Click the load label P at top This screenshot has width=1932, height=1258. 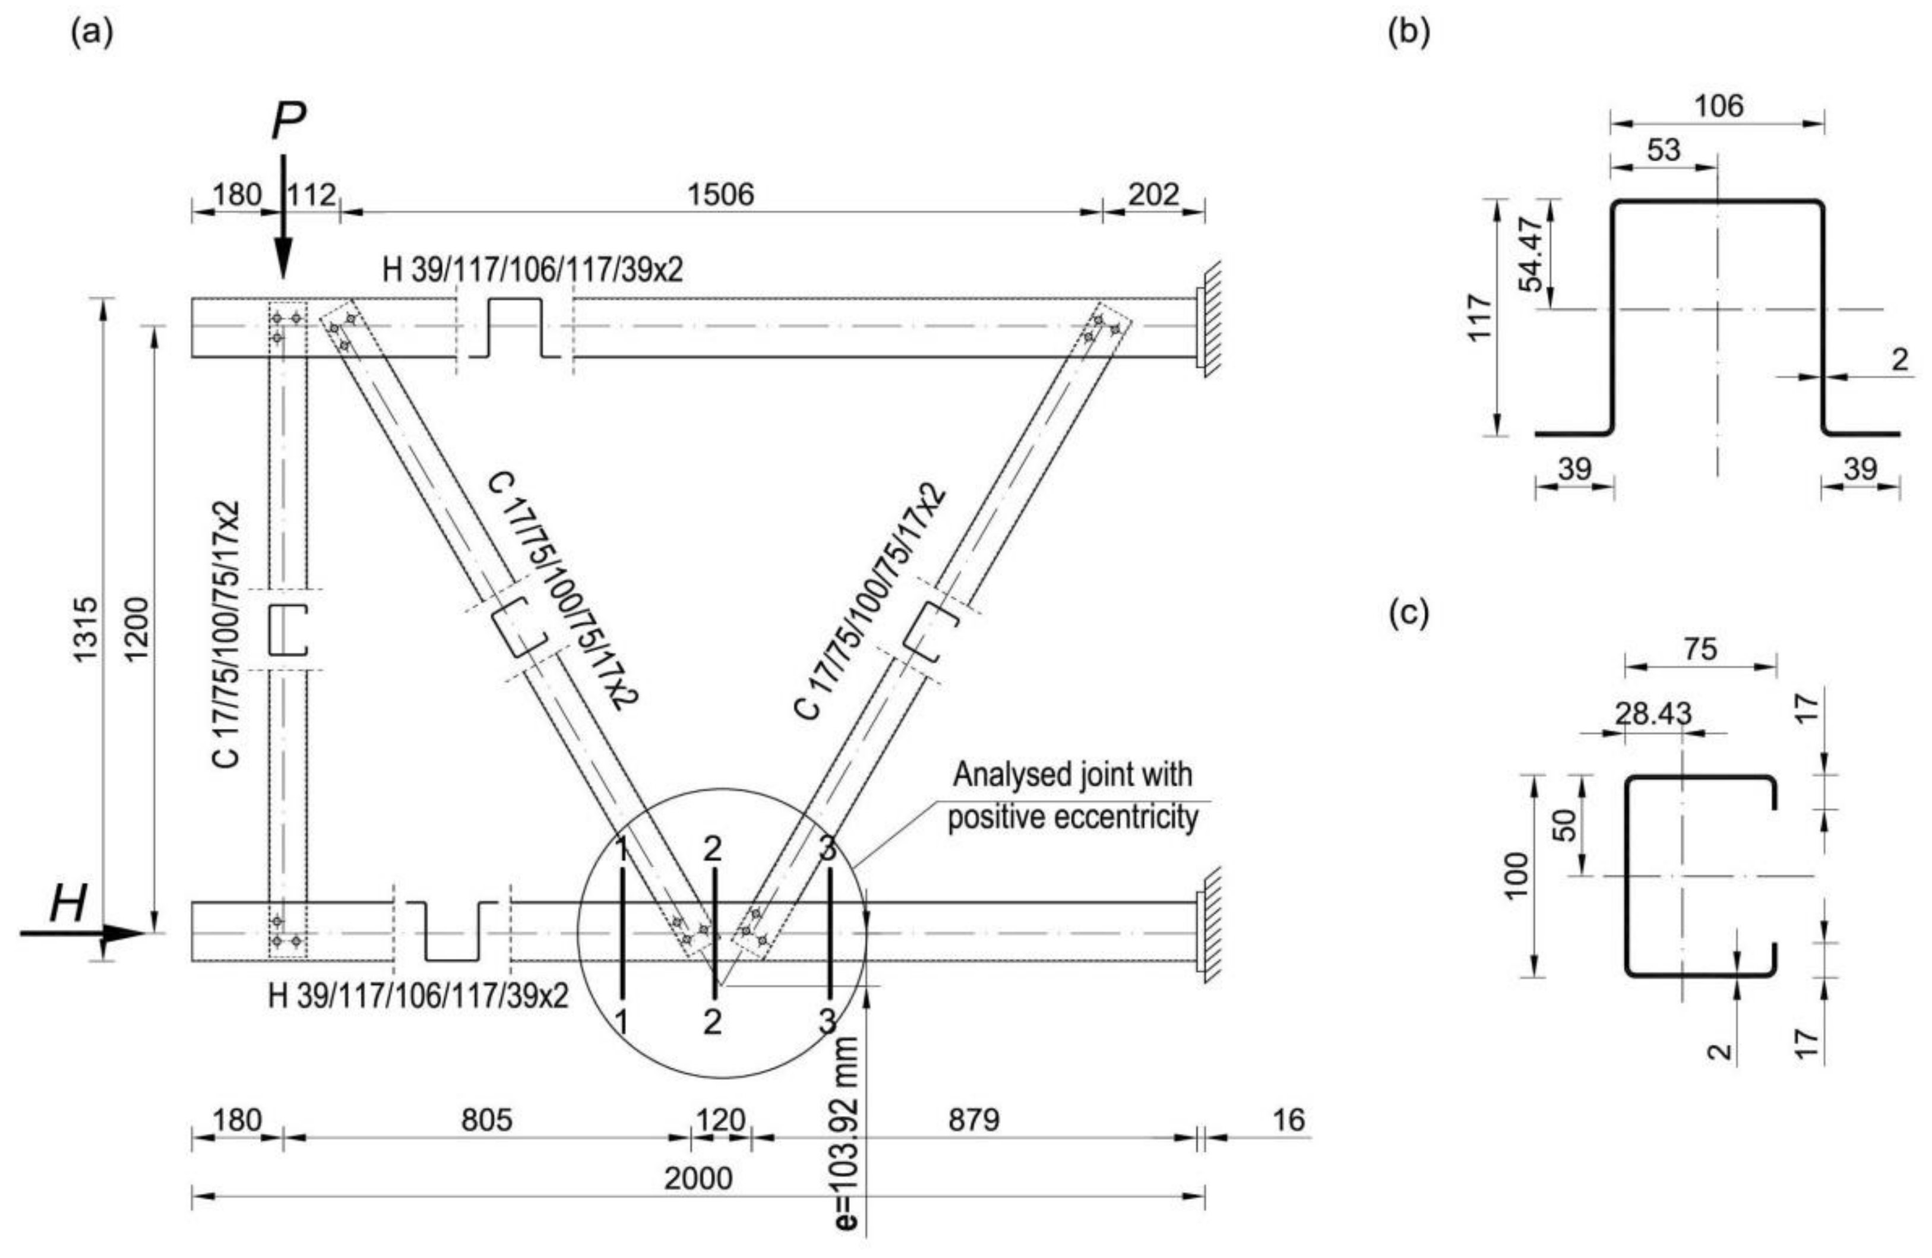288,122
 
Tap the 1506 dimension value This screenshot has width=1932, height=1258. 721,195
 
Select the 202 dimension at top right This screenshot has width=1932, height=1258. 1153,195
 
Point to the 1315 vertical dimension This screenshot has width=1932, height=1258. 86,629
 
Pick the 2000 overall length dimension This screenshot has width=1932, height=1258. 698,1178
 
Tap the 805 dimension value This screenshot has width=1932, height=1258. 487,1120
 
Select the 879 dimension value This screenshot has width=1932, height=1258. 973,1120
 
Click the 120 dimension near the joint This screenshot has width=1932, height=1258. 720,1120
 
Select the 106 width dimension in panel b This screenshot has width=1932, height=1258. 1719,106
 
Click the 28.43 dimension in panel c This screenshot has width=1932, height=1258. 1653,713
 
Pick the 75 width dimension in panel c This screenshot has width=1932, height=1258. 1700,649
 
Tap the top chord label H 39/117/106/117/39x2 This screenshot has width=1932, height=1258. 533,270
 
